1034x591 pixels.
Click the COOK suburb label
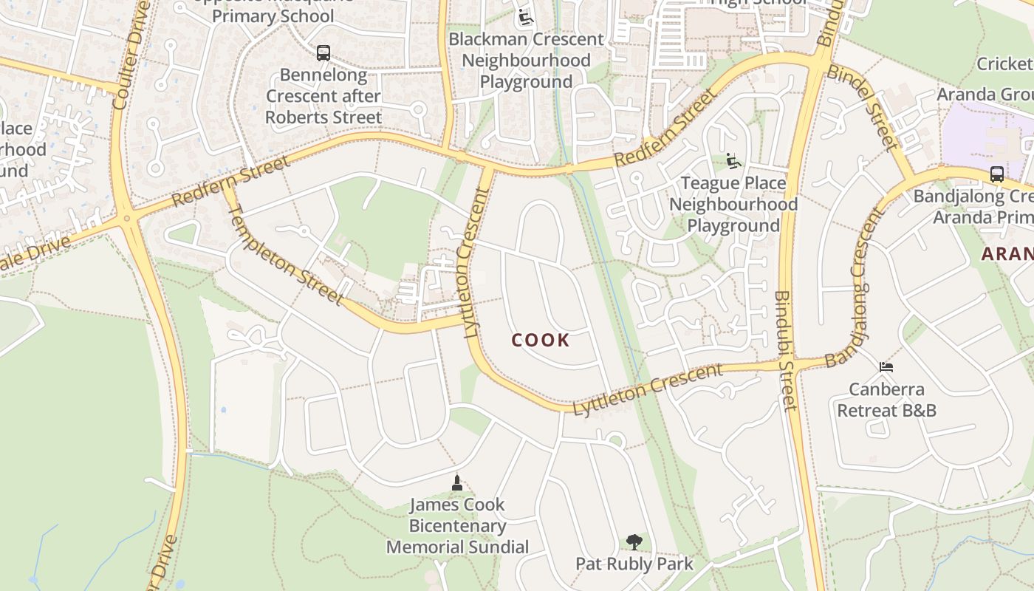click(x=541, y=341)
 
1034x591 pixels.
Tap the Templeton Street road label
click(x=286, y=255)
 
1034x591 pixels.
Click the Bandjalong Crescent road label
click(x=857, y=288)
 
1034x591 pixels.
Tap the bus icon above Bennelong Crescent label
click(x=323, y=53)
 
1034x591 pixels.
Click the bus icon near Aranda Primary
click(x=996, y=174)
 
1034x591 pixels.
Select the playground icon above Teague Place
click(x=733, y=161)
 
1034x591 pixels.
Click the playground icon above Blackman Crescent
click(x=525, y=17)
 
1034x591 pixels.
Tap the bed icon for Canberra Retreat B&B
click(x=886, y=367)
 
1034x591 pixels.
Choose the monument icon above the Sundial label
click(x=457, y=483)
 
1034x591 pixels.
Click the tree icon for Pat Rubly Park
click(x=634, y=543)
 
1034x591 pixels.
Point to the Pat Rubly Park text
click(x=634, y=564)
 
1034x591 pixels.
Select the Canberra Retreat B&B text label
click(x=886, y=400)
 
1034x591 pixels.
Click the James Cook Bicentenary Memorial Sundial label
click(x=457, y=526)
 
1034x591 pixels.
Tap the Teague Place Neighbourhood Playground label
click(x=733, y=204)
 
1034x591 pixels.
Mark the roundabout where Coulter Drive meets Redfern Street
click(x=127, y=218)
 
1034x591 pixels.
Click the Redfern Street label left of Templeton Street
click(x=230, y=182)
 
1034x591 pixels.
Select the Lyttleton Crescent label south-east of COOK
click(x=648, y=388)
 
